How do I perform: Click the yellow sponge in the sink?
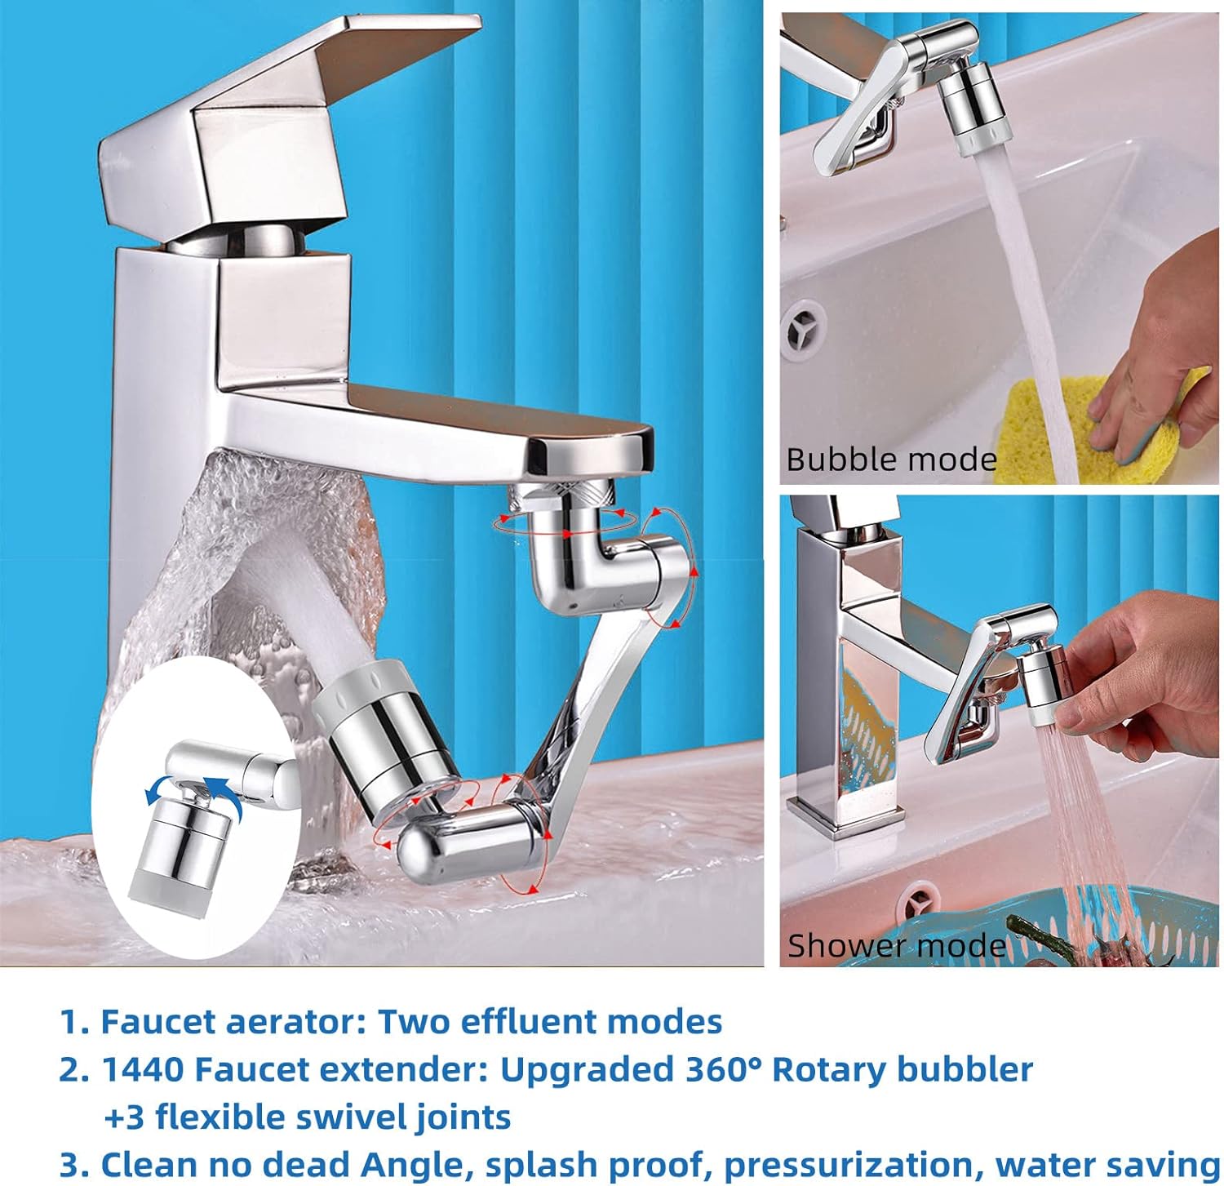tap(1061, 424)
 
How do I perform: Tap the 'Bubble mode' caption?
tap(891, 460)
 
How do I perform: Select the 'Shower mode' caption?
tap(896, 945)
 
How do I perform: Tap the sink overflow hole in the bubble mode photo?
tap(805, 330)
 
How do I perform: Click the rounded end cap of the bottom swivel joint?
tap(416, 851)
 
